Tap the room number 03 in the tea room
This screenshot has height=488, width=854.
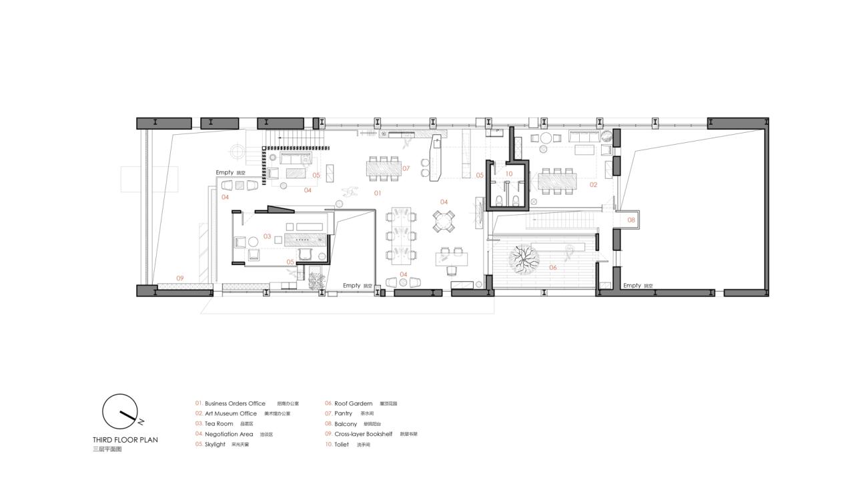tap(267, 236)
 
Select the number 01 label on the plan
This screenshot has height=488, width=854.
tap(377, 194)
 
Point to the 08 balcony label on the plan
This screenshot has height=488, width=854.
tap(631, 219)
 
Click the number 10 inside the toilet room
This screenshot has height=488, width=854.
tap(508, 174)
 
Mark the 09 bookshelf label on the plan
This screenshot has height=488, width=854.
tap(179, 278)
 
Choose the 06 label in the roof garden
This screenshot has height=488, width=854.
tap(552, 268)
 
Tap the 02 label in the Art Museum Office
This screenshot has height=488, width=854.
tap(593, 185)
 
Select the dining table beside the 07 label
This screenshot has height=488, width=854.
tap(384, 168)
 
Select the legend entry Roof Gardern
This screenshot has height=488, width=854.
tap(353, 404)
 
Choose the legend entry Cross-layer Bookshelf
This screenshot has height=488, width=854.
tap(363, 434)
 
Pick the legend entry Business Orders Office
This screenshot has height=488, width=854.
tap(235, 404)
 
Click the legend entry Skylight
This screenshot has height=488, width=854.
tap(215, 444)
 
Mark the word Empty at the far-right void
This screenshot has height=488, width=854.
tap(632, 286)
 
